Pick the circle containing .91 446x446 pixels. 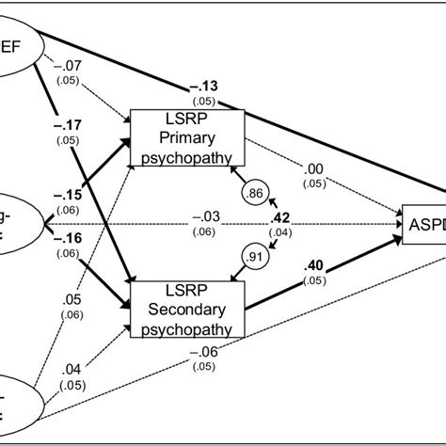coord(253,254)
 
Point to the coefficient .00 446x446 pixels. coord(316,169)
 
